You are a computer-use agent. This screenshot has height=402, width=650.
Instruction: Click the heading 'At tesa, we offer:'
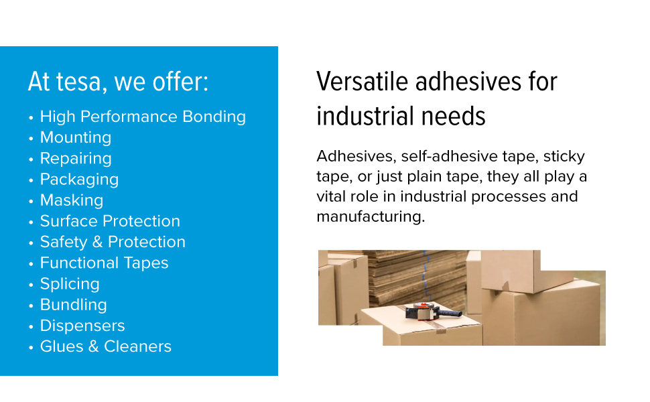click(118, 82)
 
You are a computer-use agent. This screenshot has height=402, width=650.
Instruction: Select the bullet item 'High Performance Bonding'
click(143, 117)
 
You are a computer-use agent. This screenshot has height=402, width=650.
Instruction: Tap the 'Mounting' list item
click(76, 137)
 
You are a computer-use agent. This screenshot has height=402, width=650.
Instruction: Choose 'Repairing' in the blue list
click(76, 159)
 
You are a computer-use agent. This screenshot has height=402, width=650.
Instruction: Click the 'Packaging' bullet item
click(80, 180)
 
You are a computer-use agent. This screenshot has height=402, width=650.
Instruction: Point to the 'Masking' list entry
click(72, 200)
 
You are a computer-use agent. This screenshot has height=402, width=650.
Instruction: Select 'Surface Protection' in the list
click(111, 221)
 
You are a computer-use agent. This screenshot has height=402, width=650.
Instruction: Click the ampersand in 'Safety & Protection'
click(97, 242)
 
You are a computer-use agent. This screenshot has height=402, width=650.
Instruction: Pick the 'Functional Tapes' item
click(105, 263)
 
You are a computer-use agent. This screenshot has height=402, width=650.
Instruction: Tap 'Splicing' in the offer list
click(70, 284)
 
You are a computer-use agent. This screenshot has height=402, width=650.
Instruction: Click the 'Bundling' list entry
click(74, 305)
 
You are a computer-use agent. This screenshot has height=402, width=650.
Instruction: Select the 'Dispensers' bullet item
click(82, 326)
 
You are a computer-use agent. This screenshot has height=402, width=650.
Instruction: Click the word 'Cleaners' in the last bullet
click(137, 346)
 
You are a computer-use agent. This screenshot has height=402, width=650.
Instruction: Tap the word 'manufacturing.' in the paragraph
click(371, 216)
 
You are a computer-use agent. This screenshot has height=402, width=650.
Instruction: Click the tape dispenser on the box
click(432, 312)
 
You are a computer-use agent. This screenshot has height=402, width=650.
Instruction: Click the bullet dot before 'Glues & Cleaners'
click(31, 347)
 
